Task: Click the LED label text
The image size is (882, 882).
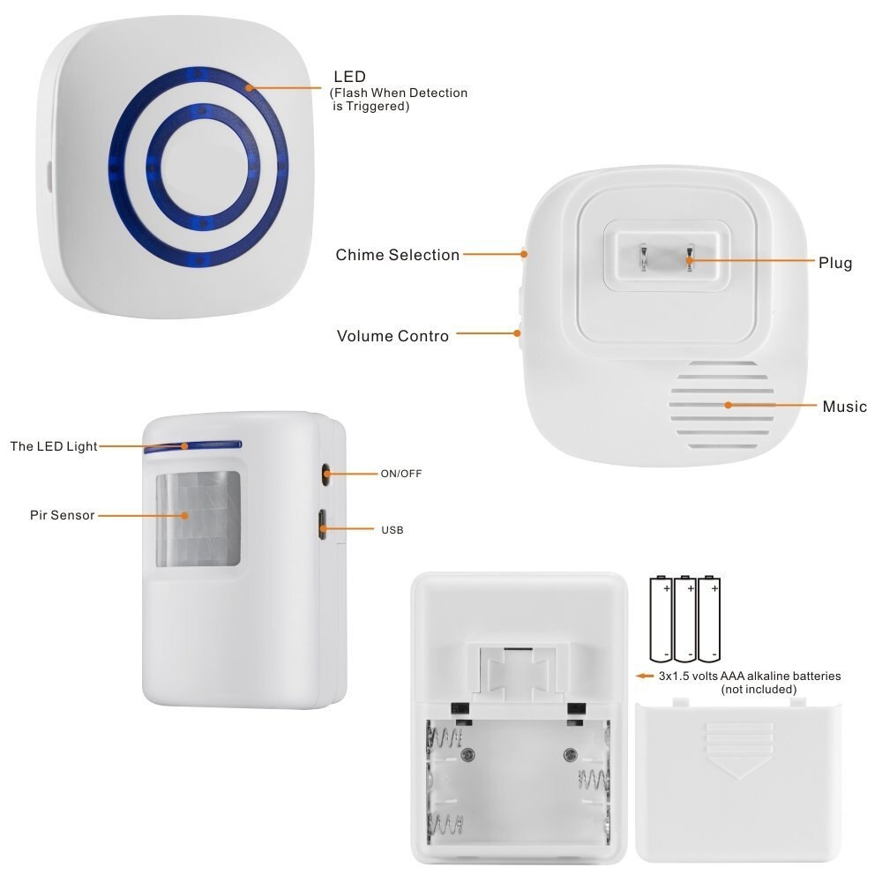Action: click(348, 77)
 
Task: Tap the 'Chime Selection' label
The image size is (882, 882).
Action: click(397, 255)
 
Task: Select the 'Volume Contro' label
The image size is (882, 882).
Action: click(392, 336)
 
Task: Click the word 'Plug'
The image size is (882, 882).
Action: click(834, 263)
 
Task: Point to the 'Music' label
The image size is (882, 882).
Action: click(844, 407)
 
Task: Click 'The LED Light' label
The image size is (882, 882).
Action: click(53, 446)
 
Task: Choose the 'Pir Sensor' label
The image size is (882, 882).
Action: click(62, 514)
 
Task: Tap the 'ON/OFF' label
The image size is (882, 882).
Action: click(401, 474)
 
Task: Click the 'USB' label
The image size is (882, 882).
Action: click(392, 530)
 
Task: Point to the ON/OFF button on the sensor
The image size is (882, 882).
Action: click(325, 474)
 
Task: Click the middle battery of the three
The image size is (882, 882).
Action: click(686, 619)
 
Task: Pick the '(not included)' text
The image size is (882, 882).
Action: click(759, 689)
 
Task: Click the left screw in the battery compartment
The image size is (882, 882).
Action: click(468, 754)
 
